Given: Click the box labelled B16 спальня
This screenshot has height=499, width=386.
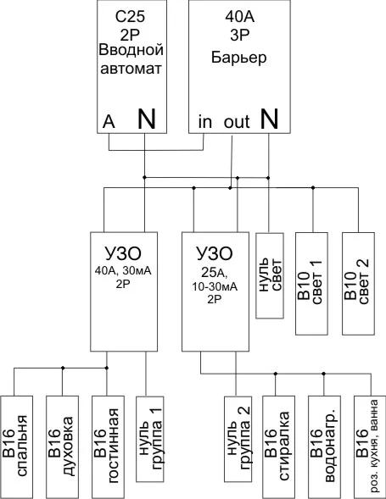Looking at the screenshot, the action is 17,447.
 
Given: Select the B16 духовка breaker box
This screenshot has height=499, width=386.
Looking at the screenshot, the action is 63,447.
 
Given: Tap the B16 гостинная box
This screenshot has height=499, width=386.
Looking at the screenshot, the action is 108,447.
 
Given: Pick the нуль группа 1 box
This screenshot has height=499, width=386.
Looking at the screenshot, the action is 150,439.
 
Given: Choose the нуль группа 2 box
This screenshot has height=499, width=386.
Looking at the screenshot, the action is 238,439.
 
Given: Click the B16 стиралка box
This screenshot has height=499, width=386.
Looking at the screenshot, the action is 278,447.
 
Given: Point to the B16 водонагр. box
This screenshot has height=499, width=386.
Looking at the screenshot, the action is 324,447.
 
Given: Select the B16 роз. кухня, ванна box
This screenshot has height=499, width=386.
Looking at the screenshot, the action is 370,447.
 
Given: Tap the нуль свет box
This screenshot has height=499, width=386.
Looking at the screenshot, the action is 270,275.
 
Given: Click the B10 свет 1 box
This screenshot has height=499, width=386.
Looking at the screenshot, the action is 311,284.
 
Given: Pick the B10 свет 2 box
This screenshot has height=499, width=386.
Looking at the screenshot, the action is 358,284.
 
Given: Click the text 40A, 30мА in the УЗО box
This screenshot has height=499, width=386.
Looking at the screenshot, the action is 123,271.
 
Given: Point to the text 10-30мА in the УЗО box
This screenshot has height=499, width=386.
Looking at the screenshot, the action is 215,286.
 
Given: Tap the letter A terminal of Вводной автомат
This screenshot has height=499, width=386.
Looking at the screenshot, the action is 109,121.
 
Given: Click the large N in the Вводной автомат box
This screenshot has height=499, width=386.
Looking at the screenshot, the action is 146,119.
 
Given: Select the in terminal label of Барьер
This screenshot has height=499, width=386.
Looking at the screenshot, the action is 205,121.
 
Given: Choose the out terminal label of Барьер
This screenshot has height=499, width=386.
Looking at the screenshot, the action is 237,122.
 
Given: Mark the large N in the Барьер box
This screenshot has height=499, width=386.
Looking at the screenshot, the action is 269,119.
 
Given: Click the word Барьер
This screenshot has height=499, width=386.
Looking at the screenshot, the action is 238,58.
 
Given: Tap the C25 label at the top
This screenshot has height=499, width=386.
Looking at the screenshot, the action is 130,17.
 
